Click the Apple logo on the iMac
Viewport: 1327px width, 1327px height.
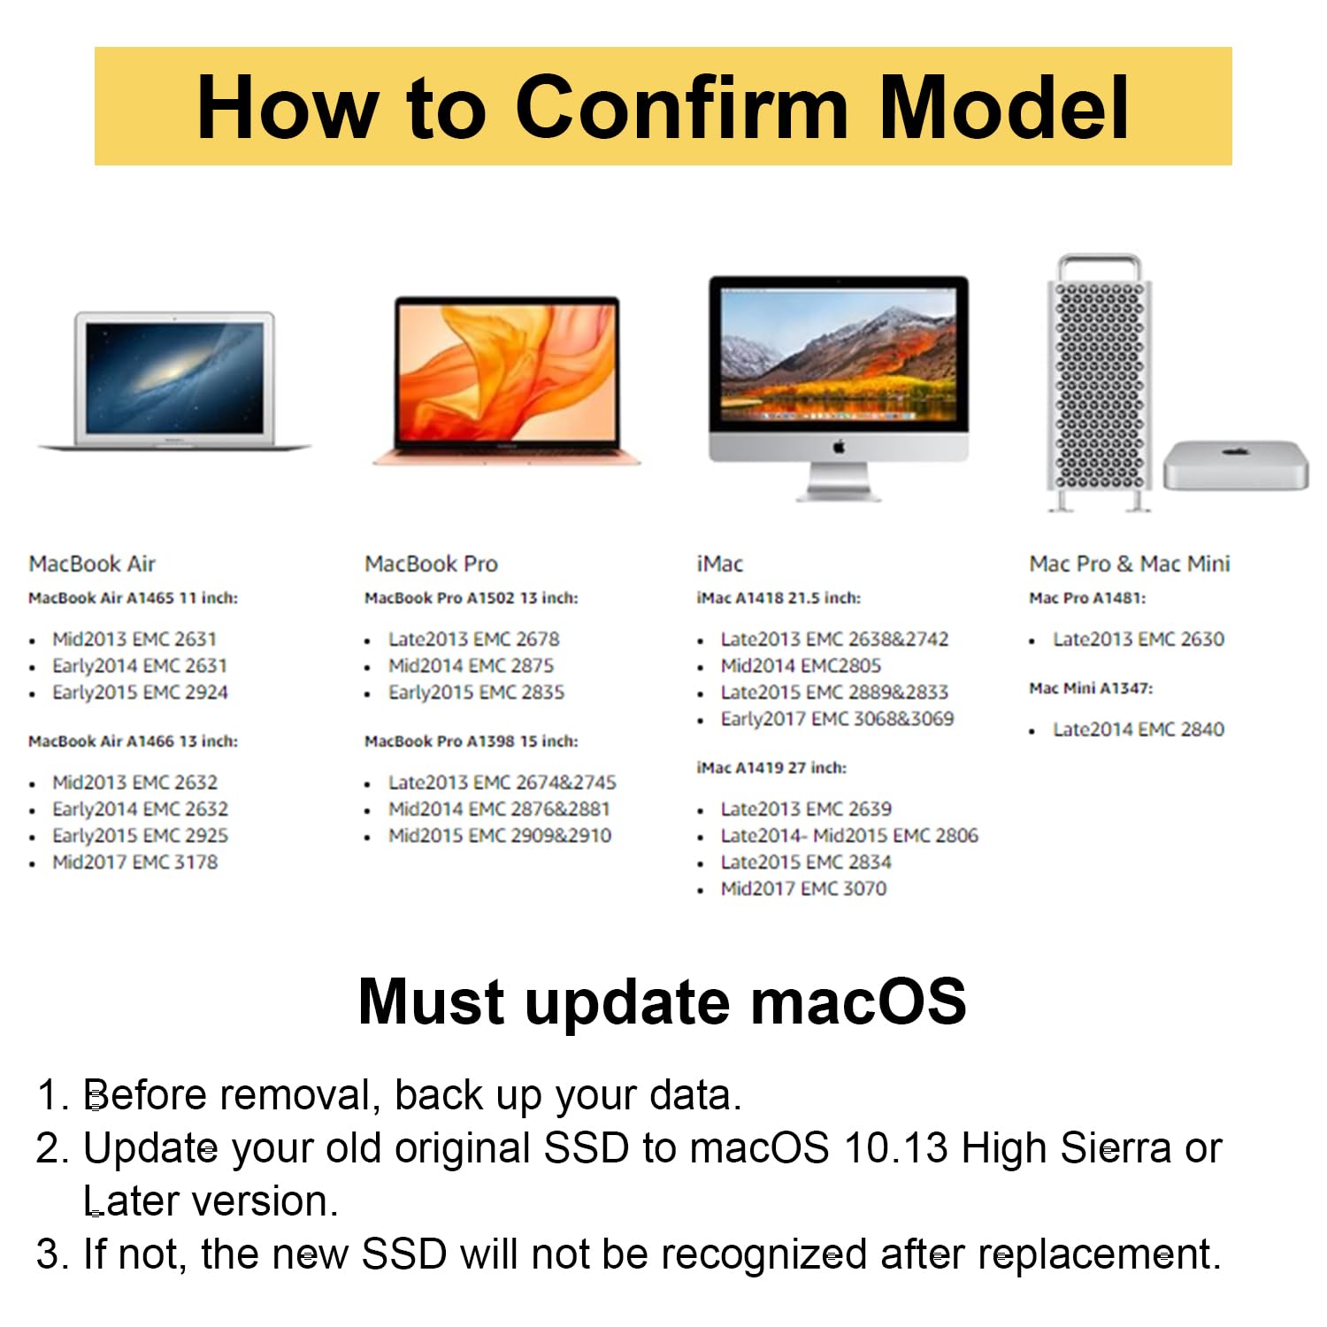[839, 447]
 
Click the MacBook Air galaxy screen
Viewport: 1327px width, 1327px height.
[174, 378]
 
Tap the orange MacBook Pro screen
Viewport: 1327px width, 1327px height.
[506, 372]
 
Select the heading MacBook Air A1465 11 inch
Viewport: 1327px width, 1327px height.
[133, 598]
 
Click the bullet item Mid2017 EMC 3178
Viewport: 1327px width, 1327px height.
[134, 862]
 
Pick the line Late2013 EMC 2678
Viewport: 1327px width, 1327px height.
[473, 639]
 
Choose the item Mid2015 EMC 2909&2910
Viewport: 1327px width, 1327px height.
[499, 835]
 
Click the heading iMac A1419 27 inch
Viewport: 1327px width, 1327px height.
[771, 768]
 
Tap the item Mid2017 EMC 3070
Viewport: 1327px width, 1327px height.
[803, 888]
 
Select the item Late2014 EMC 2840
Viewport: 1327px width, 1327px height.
[1138, 729]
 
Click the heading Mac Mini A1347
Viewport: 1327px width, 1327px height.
[1090, 688]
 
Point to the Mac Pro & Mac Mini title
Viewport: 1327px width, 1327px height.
[1129, 564]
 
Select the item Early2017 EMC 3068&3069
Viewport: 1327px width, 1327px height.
[837, 718]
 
